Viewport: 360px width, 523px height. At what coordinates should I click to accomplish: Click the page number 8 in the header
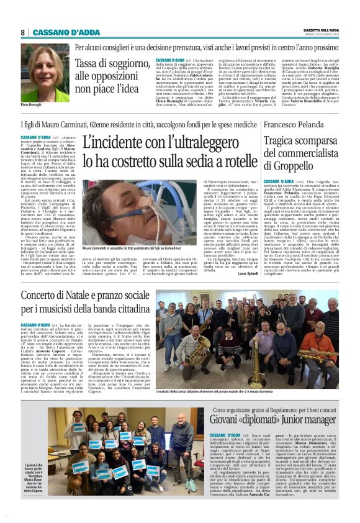23,32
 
